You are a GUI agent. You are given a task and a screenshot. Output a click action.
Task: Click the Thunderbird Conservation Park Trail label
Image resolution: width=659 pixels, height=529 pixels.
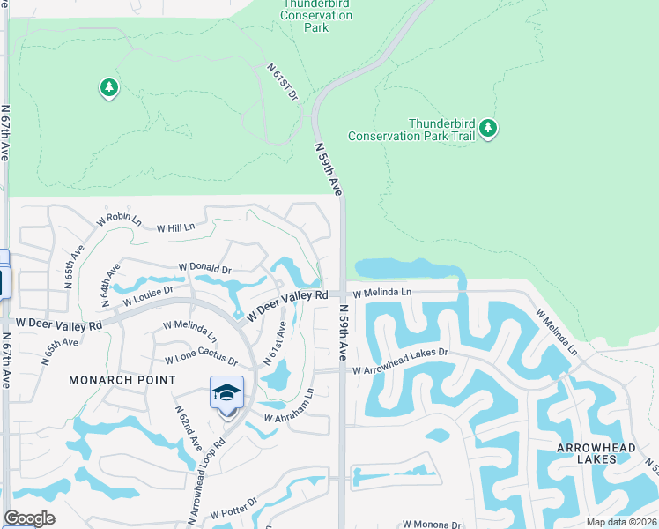tap(411, 130)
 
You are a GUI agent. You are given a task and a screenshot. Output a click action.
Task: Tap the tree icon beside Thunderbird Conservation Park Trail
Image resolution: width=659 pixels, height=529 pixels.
tap(488, 130)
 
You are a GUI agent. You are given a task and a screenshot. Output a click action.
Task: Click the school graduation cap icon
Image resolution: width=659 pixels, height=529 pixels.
tap(226, 391)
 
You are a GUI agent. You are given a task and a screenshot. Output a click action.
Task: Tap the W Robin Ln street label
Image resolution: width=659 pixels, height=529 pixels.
tap(114, 217)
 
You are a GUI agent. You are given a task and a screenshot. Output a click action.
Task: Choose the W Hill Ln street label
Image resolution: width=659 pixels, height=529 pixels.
tap(175, 227)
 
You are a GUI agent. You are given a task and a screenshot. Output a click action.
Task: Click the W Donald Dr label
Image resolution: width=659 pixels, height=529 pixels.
tap(204, 267)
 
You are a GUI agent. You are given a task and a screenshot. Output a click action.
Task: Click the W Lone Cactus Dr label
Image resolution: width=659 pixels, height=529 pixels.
tap(202, 361)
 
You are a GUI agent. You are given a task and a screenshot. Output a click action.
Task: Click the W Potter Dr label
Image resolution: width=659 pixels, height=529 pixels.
tap(233, 510)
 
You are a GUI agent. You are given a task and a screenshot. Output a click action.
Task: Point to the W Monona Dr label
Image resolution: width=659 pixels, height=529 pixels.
tap(431, 525)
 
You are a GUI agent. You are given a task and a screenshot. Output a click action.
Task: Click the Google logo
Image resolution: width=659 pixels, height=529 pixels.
tap(29, 518)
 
